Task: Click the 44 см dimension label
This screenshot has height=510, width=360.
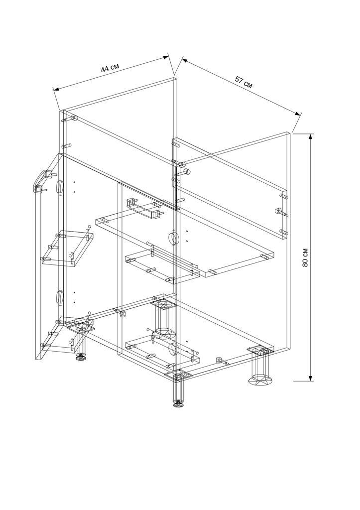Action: (x=110, y=68)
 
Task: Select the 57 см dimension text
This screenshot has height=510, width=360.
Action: (x=243, y=83)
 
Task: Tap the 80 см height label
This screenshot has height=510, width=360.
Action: (x=305, y=257)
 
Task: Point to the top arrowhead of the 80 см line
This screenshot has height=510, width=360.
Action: (x=311, y=137)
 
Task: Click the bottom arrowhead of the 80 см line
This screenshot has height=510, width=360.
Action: (x=311, y=378)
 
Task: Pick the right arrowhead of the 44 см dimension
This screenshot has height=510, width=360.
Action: (x=166, y=57)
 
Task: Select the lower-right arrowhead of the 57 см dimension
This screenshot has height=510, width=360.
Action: (x=297, y=113)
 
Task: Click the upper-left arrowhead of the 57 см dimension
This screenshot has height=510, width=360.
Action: (x=185, y=60)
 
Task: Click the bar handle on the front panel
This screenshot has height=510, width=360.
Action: (x=143, y=209)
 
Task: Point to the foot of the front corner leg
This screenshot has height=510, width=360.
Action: (x=178, y=404)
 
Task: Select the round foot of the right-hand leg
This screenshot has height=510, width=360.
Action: (x=260, y=380)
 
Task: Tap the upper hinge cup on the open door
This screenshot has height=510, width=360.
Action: (x=60, y=187)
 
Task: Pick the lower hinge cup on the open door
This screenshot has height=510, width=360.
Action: (x=60, y=297)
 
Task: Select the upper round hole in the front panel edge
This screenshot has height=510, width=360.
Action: (x=174, y=239)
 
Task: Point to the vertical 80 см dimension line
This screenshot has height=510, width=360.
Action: (x=311, y=257)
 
